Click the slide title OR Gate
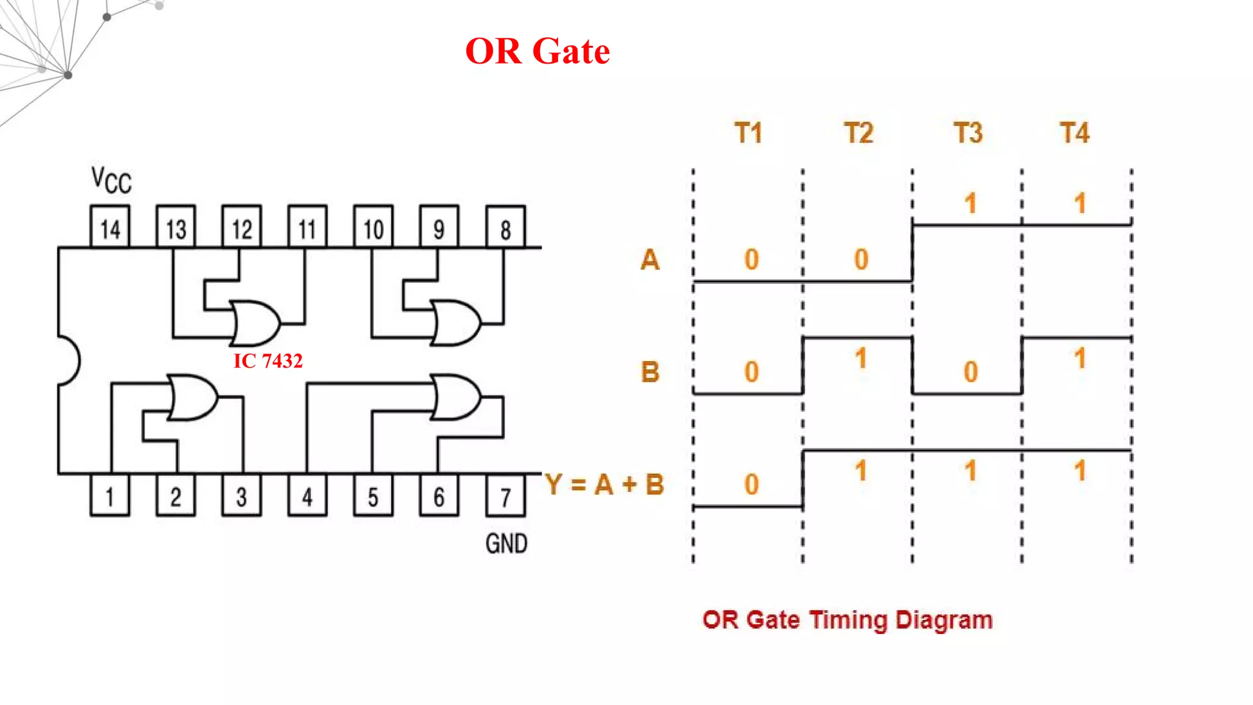537,51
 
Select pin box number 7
505,496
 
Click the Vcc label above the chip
111,181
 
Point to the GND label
506,543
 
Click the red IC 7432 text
268,361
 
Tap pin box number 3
242,496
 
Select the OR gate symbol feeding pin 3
192,398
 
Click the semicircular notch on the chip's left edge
69,361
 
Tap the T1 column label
748,133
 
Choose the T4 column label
1075,133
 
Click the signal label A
650,259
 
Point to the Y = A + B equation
604,485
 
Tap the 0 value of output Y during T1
751,485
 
